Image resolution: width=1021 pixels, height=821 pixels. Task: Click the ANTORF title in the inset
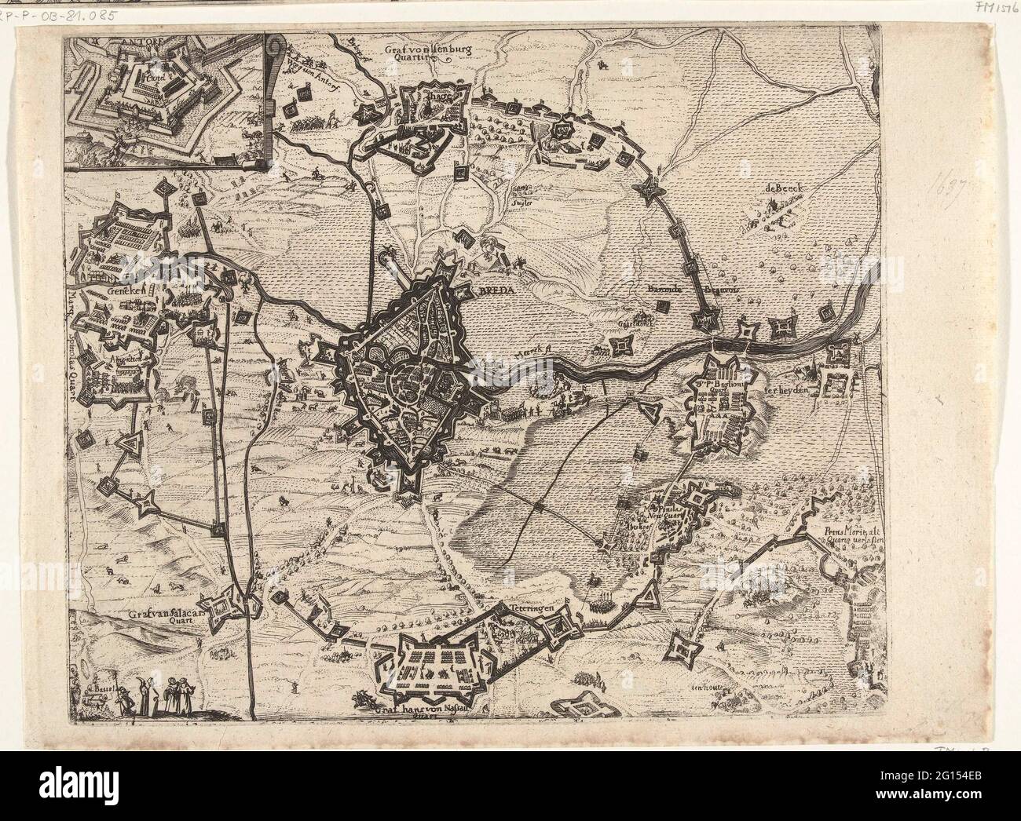[x=101, y=45]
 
